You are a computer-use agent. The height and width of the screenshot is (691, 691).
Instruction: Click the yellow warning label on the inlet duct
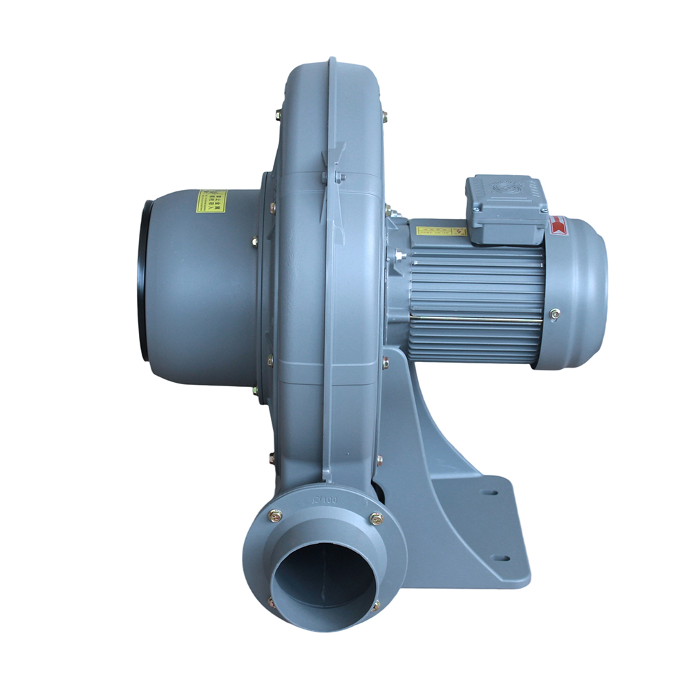tap(211, 201)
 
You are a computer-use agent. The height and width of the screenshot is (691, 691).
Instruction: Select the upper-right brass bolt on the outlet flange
tap(376, 518)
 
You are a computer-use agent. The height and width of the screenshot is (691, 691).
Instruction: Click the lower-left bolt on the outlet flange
tap(272, 603)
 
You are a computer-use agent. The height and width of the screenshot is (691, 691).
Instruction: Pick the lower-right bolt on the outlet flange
tap(375, 606)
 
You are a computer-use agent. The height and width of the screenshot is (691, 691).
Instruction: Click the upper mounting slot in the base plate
tap(491, 493)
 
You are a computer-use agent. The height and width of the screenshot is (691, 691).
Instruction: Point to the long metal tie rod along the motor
tap(477, 318)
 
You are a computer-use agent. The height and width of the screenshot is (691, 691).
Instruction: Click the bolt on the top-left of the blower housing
tap(278, 115)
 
